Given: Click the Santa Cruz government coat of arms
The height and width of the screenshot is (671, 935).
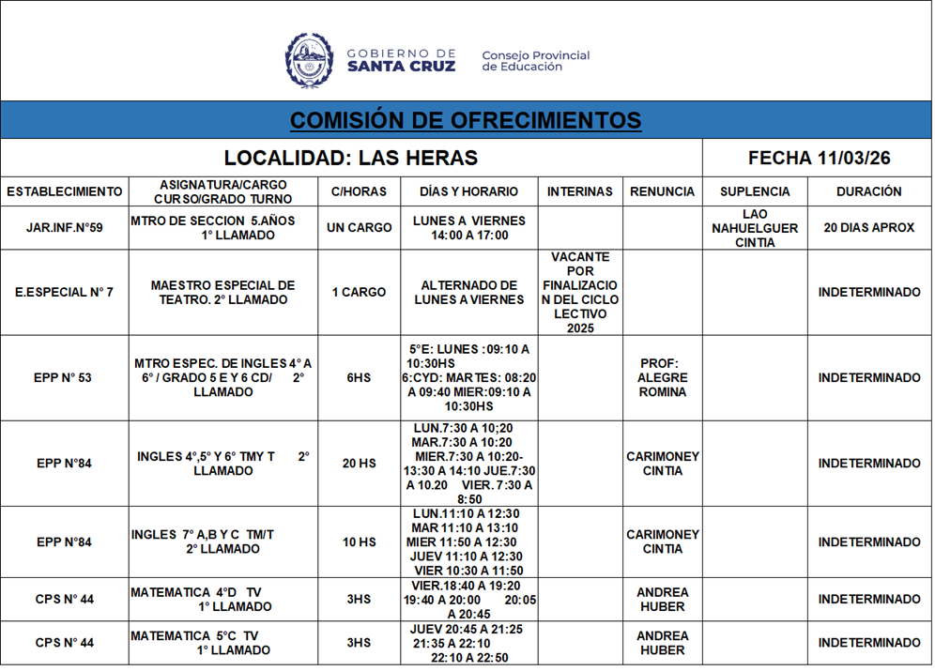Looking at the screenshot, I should pos(309,60).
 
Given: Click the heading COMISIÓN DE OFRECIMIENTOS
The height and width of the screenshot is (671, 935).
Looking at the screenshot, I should pos(466,120).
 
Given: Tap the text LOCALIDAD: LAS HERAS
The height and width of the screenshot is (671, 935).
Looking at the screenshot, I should pos(351,158).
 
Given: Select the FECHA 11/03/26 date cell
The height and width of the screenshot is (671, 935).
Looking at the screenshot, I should pos(819,158).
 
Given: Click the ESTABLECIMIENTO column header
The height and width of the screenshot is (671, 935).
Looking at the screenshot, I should pos(65,191).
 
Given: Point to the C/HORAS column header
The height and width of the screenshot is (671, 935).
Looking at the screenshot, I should pos(359,191).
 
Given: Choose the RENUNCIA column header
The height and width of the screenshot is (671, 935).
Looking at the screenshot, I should pos(663,191).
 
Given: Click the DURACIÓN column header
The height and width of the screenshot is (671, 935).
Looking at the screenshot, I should pos(869,191).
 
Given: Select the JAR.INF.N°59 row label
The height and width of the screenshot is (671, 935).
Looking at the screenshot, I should pos(65,228).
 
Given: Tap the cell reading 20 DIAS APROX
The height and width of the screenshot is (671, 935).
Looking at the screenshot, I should pos(869,228).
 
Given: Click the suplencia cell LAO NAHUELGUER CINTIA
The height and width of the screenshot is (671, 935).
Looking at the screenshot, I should pos(755,228).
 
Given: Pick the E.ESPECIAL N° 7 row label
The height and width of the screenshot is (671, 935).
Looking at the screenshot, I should pos(65,292).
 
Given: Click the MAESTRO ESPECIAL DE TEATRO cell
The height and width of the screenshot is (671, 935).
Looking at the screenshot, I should pos(222,292).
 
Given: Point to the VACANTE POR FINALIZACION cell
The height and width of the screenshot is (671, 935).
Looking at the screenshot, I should pos(580,292).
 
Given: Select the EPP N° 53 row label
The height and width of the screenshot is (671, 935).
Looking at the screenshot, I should pos(65,378).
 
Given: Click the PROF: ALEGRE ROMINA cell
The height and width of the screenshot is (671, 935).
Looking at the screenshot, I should pos(663,377).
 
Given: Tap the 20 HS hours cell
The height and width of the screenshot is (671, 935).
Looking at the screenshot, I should pos(359,464).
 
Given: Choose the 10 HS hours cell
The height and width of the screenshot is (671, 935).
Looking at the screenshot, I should pos(359,542).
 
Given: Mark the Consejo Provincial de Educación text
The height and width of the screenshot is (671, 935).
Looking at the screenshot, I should pos(535,61).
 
